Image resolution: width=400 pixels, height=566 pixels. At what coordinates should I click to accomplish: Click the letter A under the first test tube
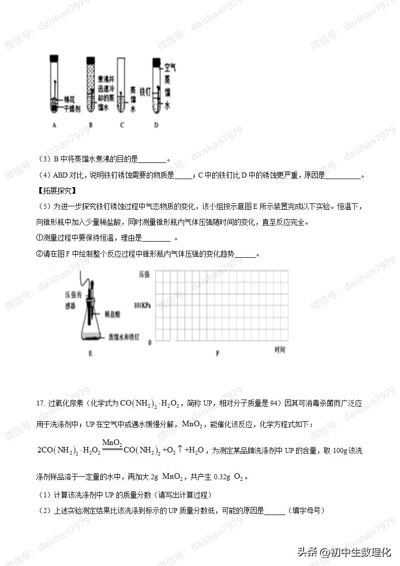[54, 126]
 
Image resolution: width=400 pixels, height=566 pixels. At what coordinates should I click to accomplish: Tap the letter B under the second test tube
[90, 126]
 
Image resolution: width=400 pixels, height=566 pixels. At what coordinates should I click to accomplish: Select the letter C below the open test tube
[122, 126]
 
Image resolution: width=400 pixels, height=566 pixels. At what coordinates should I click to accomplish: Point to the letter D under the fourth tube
[156, 126]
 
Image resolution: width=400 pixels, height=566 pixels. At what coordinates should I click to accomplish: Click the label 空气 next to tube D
[170, 66]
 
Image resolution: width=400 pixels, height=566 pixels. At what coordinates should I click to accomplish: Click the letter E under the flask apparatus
[90, 354]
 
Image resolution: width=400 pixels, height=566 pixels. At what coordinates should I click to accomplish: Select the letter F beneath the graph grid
[217, 354]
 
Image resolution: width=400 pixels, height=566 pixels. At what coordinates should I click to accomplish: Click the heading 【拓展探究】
[56, 191]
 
